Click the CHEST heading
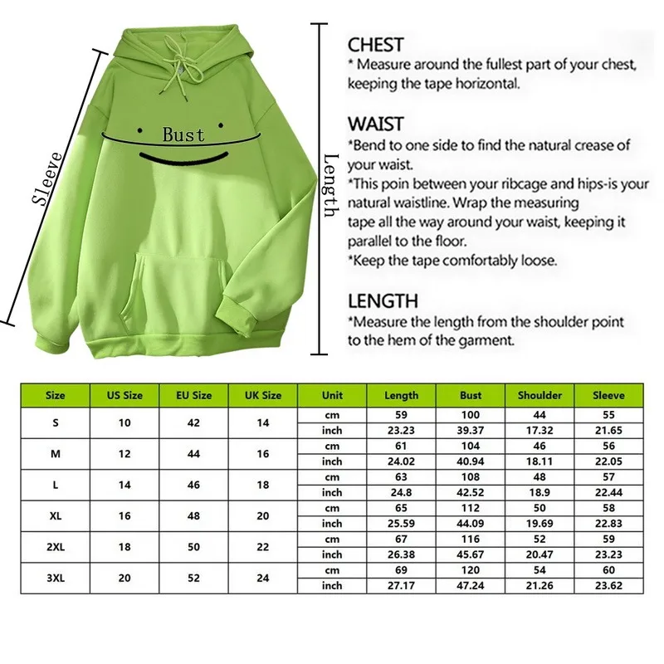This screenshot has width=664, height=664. click(375, 45)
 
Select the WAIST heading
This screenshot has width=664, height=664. click(375, 124)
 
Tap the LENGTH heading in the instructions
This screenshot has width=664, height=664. click(383, 300)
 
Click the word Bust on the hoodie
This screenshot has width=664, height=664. click(183, 134)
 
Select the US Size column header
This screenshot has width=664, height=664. click(124, 396)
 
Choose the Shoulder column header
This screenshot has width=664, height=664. click(539, 396)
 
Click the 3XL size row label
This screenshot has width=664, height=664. click(56, 578)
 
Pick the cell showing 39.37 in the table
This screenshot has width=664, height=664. click(471, 430)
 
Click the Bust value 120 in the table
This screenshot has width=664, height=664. click(471, 570)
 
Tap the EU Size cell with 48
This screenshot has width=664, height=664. click(193, 515)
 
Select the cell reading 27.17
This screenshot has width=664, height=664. click(402, 586)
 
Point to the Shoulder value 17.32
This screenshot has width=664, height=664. click(539, 430)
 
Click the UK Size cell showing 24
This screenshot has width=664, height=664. click(263, 578)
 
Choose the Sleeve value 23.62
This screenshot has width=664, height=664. click(608, 586)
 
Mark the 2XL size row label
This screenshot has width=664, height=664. click(56, 546)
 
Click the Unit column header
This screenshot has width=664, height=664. click(332, 396)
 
